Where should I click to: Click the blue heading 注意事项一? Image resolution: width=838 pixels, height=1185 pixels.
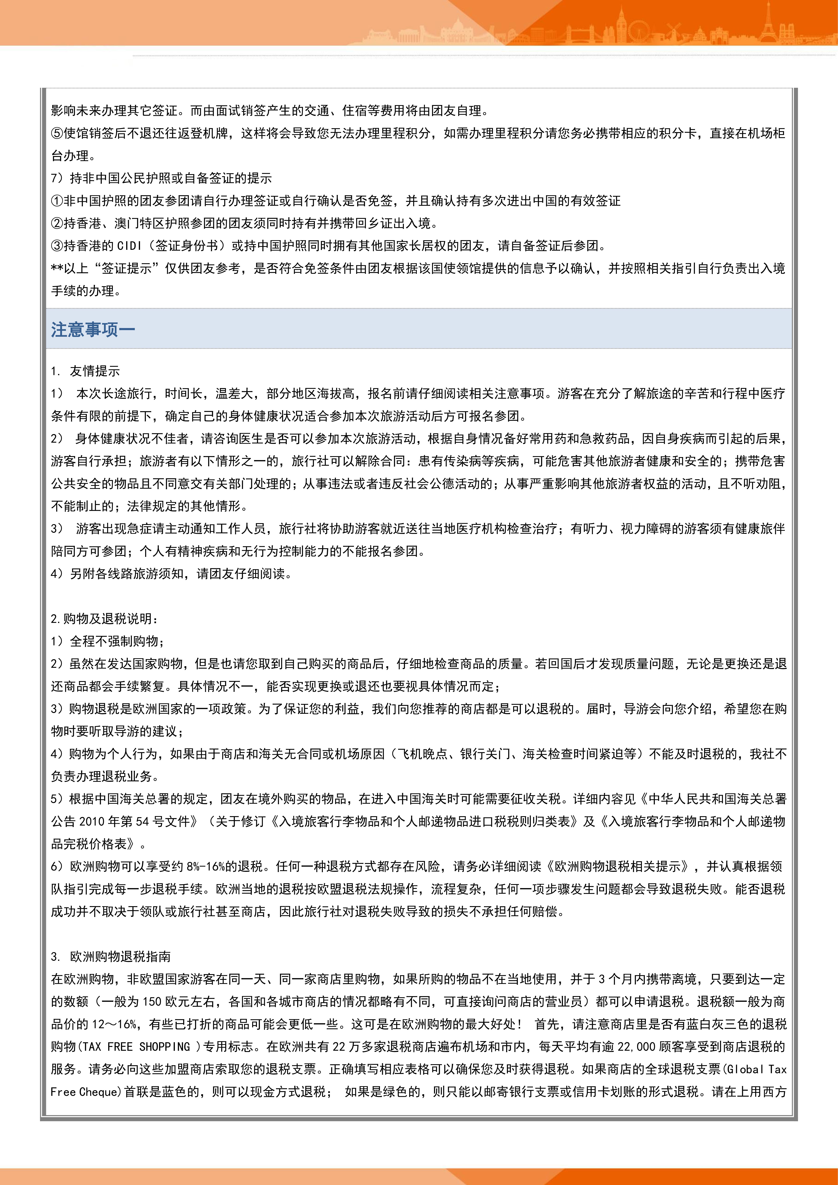point(93,329)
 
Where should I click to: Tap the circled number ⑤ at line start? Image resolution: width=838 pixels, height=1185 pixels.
point(57,133)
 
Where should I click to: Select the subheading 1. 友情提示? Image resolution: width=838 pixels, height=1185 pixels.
point(86,371)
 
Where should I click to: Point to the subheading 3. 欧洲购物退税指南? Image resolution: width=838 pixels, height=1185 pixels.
point(111,956)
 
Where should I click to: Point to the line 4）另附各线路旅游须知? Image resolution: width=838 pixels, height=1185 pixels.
point(171,573)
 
